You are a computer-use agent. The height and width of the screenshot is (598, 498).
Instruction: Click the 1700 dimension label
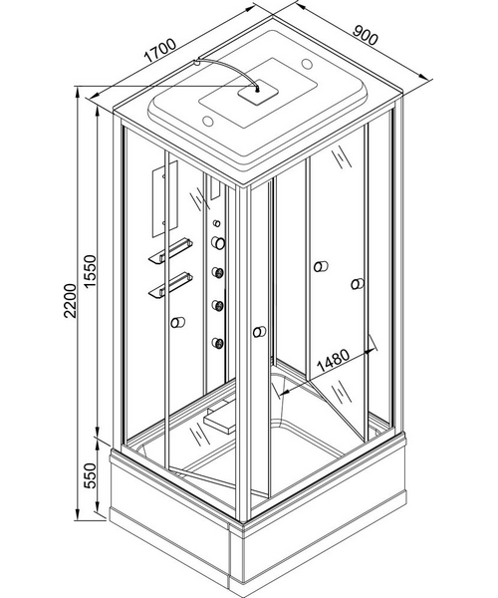coord(160,50)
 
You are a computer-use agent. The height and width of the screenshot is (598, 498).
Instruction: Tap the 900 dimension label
coord(365,35)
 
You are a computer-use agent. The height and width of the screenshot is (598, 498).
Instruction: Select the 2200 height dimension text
coord(71,301)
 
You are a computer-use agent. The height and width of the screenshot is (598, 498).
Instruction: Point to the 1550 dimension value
coord(92,271)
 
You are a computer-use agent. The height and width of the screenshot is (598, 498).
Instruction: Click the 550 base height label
coord(91,475)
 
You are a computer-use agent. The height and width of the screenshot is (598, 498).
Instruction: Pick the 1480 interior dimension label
coord(333,360)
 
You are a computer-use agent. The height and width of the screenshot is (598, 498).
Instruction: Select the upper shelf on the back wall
coord(170,250)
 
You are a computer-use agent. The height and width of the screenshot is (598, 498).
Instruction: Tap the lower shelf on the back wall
coord(170,284)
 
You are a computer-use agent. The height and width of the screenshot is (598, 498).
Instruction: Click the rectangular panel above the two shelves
coord(165,198)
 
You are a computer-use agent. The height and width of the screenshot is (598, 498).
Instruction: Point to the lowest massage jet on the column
coord(218,343)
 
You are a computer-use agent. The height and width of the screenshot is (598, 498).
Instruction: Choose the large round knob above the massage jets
coord(218,243)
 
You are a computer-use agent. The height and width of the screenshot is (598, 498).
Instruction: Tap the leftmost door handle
coord(177,323)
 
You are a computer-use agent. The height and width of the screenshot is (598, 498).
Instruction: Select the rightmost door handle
coord(358,284)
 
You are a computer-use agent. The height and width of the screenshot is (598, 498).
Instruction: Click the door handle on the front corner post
coord(259,332)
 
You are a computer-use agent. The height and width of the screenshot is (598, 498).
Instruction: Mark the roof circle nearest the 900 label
coord(307,63)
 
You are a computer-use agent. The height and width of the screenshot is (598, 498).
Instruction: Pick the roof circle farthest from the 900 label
coord(208,122)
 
